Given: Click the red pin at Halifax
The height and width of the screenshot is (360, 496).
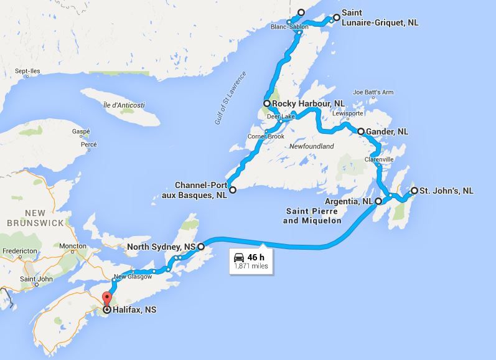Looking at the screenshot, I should point(106,297).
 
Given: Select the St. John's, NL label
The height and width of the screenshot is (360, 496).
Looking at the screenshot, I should point(446,190).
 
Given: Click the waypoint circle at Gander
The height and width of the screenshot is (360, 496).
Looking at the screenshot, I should point(360,131).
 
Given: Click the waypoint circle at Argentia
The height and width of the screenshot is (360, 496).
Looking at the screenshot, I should point(378,201).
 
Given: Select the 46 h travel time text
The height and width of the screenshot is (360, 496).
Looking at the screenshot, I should point(256,256).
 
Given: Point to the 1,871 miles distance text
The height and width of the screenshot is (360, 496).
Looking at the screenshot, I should point(251,266).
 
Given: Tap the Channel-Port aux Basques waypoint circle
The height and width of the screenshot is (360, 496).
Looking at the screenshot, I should point(232,189).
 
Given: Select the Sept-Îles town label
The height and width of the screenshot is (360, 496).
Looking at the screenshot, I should point(28,72).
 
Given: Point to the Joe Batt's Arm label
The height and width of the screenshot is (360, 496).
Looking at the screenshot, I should point(373,92).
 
